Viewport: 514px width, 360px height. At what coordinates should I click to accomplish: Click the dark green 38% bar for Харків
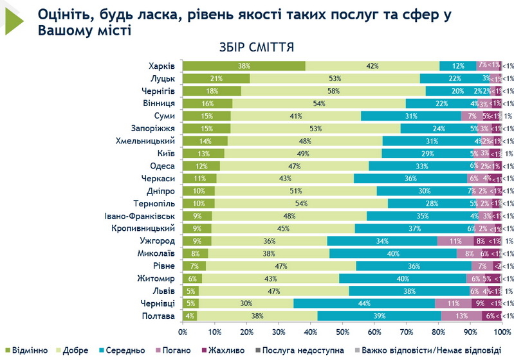click(244, 66)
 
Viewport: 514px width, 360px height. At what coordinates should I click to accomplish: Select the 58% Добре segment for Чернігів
click(333, 91)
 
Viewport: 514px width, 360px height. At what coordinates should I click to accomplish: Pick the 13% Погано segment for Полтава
click(462, 316)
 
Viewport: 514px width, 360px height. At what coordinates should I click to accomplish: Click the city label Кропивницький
click(144, 229)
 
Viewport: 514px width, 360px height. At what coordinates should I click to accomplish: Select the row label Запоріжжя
click(154, 129)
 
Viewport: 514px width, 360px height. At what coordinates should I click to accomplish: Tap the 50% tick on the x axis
click(342, 332)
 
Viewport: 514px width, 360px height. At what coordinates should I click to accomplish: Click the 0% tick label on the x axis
click(183, 332)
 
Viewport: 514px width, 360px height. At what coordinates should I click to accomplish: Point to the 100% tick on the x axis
click(501, 332)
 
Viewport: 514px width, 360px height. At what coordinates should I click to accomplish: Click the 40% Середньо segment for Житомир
click(403, 279)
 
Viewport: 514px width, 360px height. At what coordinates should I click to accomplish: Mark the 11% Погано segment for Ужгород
click(455, 241)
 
